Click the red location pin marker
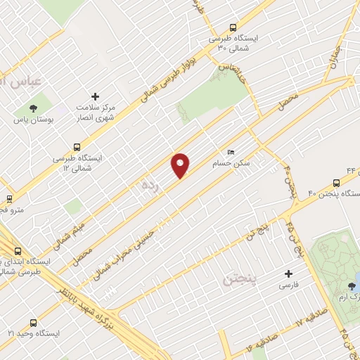tap(181, 165)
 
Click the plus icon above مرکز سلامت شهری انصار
tap(96, 96)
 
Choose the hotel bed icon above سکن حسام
tap(231, 153)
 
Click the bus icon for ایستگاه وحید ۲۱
tap(9, 333)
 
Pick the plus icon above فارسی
tap(288, 274)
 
